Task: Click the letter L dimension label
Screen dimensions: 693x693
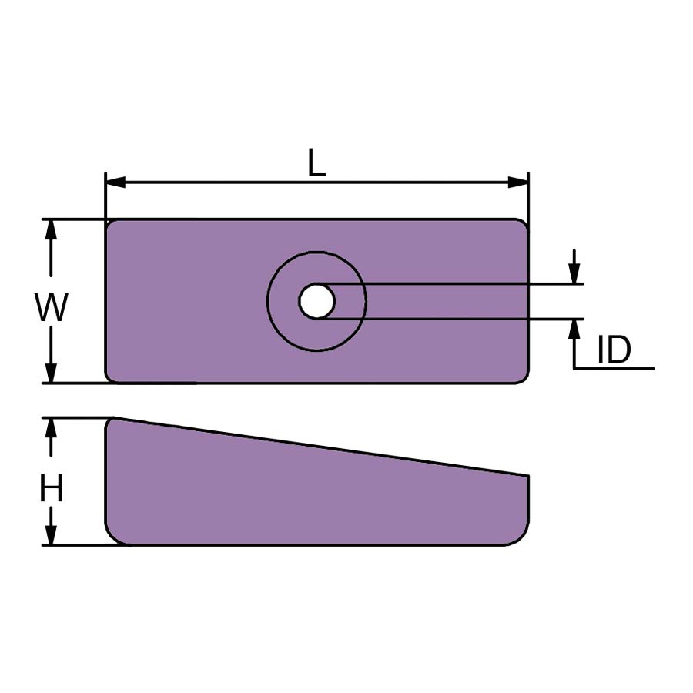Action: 316,163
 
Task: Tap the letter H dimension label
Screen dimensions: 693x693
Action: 52,489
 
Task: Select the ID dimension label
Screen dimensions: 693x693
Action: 614,351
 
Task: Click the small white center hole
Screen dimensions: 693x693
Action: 316,301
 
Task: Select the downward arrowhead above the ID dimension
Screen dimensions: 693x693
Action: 574,274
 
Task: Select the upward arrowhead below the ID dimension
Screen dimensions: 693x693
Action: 574,329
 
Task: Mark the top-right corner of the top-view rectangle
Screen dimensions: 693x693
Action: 524,223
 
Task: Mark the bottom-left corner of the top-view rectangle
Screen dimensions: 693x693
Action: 109,379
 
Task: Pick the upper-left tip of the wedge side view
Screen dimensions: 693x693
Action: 109,420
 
